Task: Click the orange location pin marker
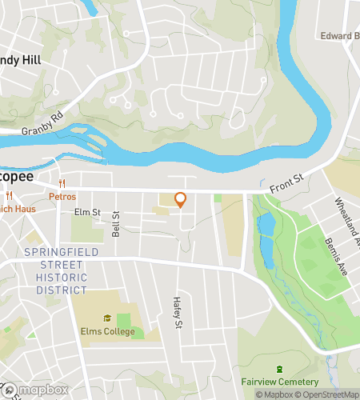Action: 180,200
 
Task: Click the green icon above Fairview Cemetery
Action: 278,369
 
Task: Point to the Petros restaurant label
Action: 62,196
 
